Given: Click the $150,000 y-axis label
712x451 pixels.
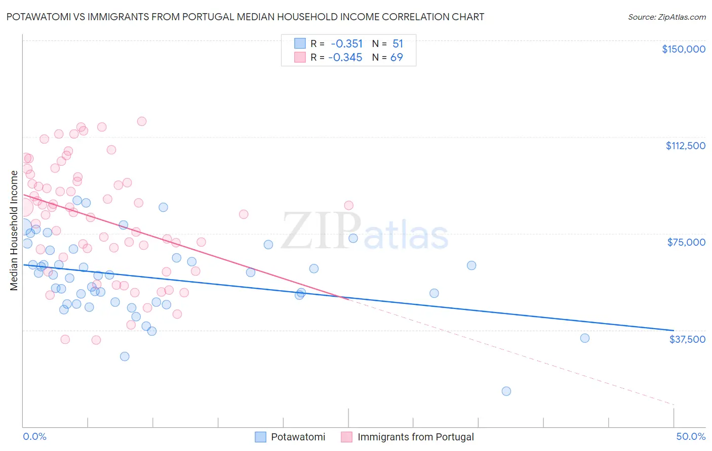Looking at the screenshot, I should pos(683,49).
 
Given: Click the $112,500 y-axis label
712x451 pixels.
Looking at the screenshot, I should pos(685,146).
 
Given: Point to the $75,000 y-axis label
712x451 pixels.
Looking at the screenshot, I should pos(686,242).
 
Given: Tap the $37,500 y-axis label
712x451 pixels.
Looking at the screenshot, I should pos(687,339).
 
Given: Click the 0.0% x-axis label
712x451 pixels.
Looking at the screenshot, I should pos(34,436).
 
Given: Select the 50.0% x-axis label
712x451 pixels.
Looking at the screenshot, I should pos(691,436).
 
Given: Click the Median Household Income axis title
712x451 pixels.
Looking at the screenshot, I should pos(14,231).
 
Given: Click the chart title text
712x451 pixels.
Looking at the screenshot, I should pos(245,17).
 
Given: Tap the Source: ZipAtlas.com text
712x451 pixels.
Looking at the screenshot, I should pos(666,17).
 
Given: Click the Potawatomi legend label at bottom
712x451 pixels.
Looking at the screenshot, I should pos(298,437).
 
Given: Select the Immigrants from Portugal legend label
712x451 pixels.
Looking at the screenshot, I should pos(415,437).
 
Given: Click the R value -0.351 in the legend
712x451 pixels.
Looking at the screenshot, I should pos(346,43).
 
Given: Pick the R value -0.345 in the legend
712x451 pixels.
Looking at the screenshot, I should pos(345,57).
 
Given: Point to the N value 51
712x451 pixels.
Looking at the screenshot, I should pos(398,43).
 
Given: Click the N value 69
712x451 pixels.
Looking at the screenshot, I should pos(397,57).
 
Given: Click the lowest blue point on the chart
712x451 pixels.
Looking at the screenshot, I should pos(506,391).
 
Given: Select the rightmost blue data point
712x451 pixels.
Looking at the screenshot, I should pos(584,338).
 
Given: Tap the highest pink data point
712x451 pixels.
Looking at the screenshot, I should pos(142,121).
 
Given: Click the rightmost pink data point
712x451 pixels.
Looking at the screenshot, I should pos(348,205).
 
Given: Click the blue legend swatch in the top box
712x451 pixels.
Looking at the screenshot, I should pos(300,43).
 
